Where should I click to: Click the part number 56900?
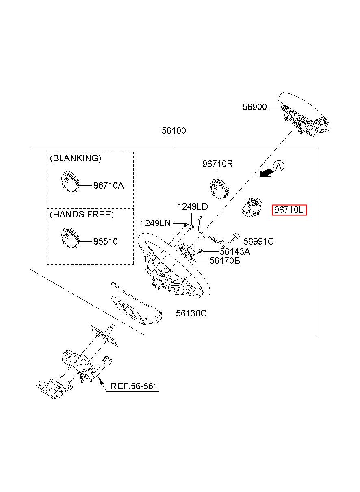[255, 107]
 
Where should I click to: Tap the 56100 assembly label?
[174, 131]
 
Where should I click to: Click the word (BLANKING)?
[76, 158]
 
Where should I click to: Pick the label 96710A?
[109, 186]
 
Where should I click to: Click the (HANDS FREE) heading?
[82, 214]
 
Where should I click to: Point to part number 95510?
[106, 242]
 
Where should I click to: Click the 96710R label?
[217, 164]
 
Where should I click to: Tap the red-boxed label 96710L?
[289, 210]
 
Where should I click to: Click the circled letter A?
[279, 166]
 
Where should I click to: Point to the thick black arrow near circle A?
[267, 173]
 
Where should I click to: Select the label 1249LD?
[193, 207]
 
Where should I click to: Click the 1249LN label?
[156, 223]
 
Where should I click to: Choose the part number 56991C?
[259, 242]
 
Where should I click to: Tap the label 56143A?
[235, 251]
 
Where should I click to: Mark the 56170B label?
[225, 261]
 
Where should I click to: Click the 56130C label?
[191, 313]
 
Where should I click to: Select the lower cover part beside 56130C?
[136, 303]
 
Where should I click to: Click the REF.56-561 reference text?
[134, 386]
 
